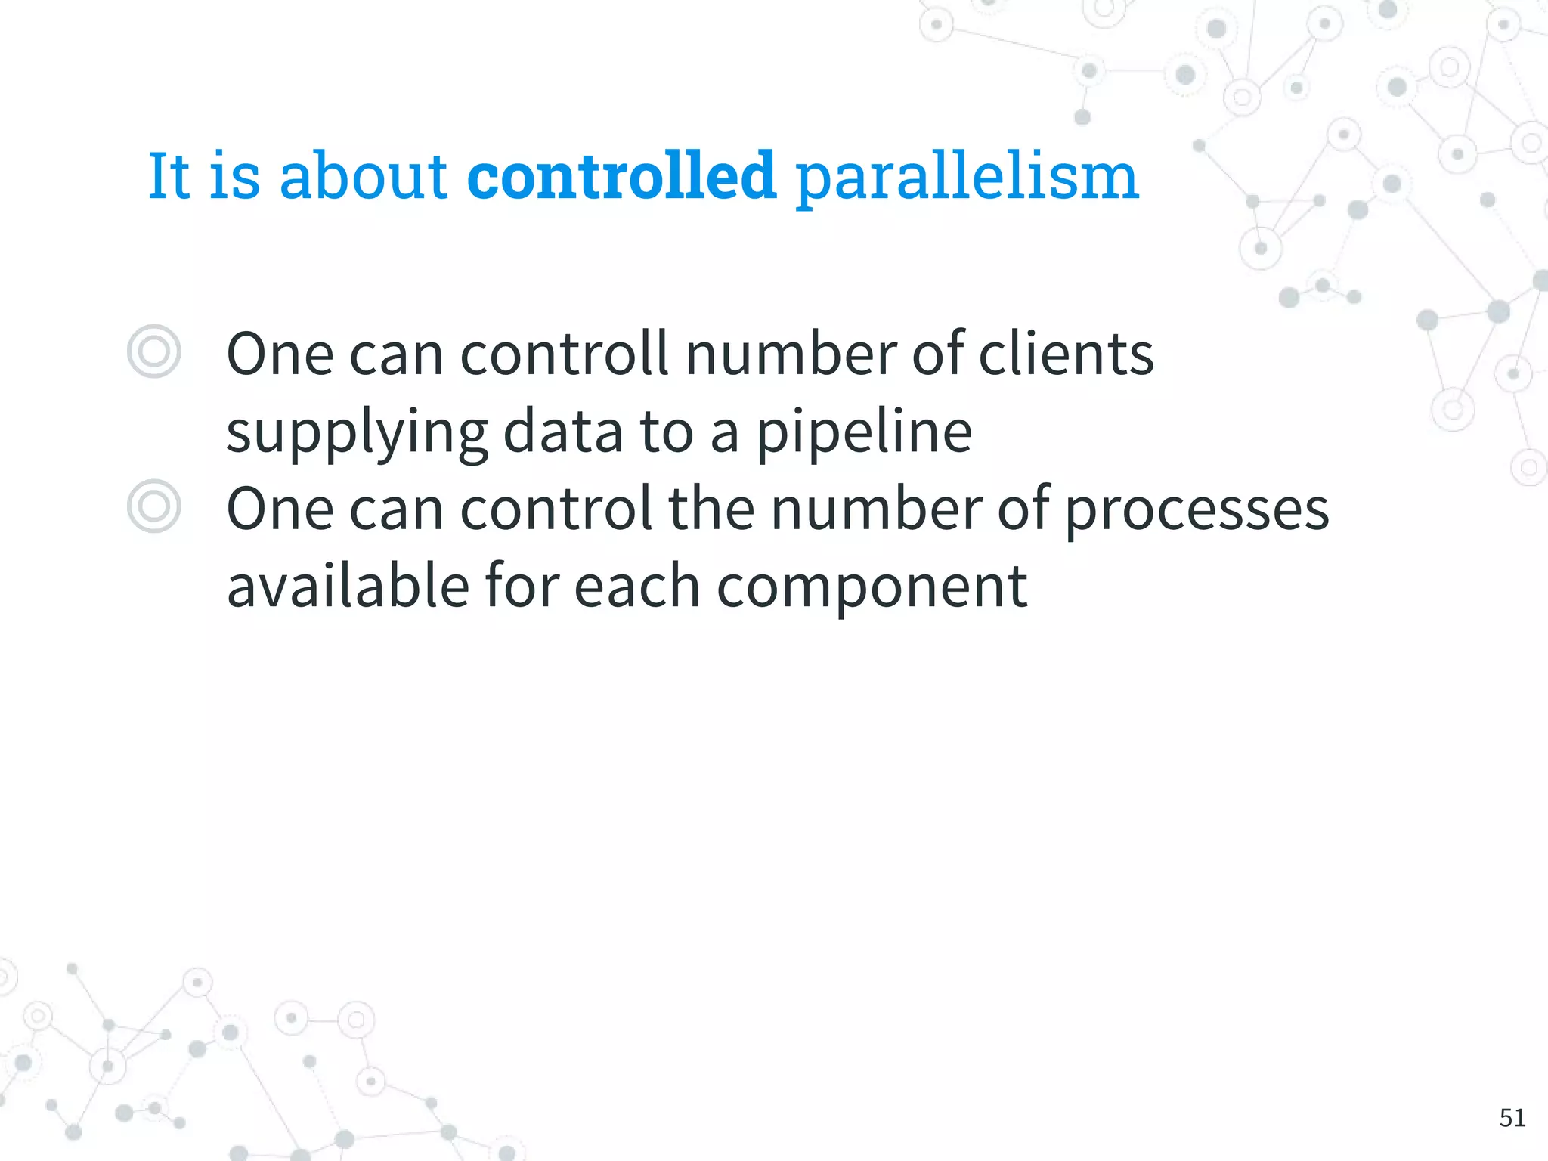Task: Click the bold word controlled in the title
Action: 621,176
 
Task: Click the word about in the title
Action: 363,176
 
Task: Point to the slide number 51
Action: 1512,1117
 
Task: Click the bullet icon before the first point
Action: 154,351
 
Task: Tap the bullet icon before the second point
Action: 154,506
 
